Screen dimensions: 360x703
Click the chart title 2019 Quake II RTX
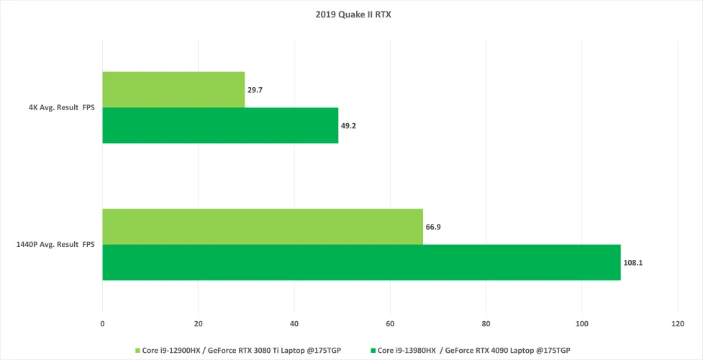point(351,13)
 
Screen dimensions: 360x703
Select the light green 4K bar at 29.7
point(173,89)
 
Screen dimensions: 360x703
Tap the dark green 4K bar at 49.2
point(220,125)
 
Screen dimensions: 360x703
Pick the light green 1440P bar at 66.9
point(263,226)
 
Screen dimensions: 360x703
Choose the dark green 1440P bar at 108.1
point(361,262)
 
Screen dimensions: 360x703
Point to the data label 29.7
point(255,91)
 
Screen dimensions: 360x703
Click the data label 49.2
point(349,126)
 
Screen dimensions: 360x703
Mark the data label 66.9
point(433,227)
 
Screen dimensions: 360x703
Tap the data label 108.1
point(633,263)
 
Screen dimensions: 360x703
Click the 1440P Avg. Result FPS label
point(55,245)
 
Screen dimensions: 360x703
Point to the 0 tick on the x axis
point(102,323)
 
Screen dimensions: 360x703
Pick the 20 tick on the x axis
point(198,323)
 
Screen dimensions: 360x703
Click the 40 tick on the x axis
point(294,323)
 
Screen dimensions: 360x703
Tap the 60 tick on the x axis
point(390,323)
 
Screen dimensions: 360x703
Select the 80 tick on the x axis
point(486,323)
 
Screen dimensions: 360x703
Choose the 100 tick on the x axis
point(581,323)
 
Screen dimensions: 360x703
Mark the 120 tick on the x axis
point(677,323)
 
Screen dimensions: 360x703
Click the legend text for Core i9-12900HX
point(240,351)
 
